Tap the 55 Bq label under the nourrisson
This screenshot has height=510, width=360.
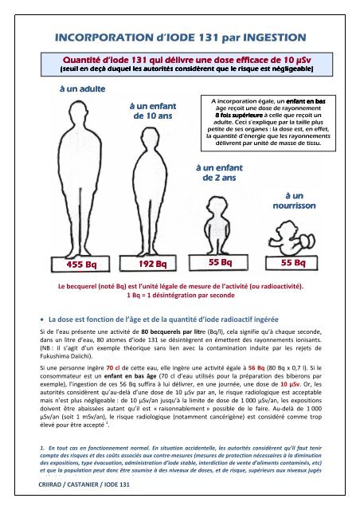[305, 261]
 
